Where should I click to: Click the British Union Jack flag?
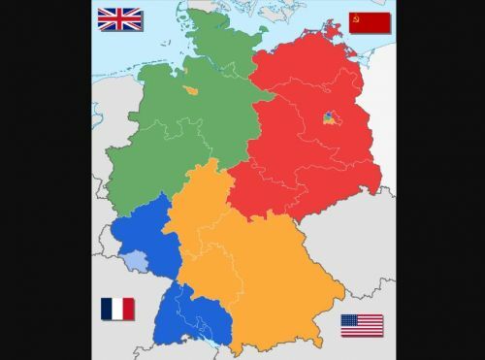click(120, 20)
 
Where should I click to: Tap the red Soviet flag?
click(370, 23)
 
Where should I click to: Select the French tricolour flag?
click(117, 310)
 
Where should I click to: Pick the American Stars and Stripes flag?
click(361, 325)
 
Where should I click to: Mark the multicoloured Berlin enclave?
click(329, 120)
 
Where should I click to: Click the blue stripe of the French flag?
click(106, 310)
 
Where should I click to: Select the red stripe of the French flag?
click(129, 310)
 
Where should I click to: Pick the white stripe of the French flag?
click(117, 310)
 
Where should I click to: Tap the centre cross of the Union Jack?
click(120, 20)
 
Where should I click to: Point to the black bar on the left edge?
click(45, 180)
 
